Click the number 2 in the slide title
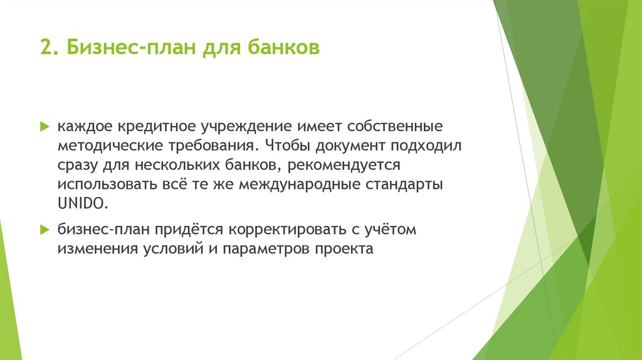[44, 48]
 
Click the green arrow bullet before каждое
[45, 126]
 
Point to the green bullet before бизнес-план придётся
[45, 230]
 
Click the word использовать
[104, 185]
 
